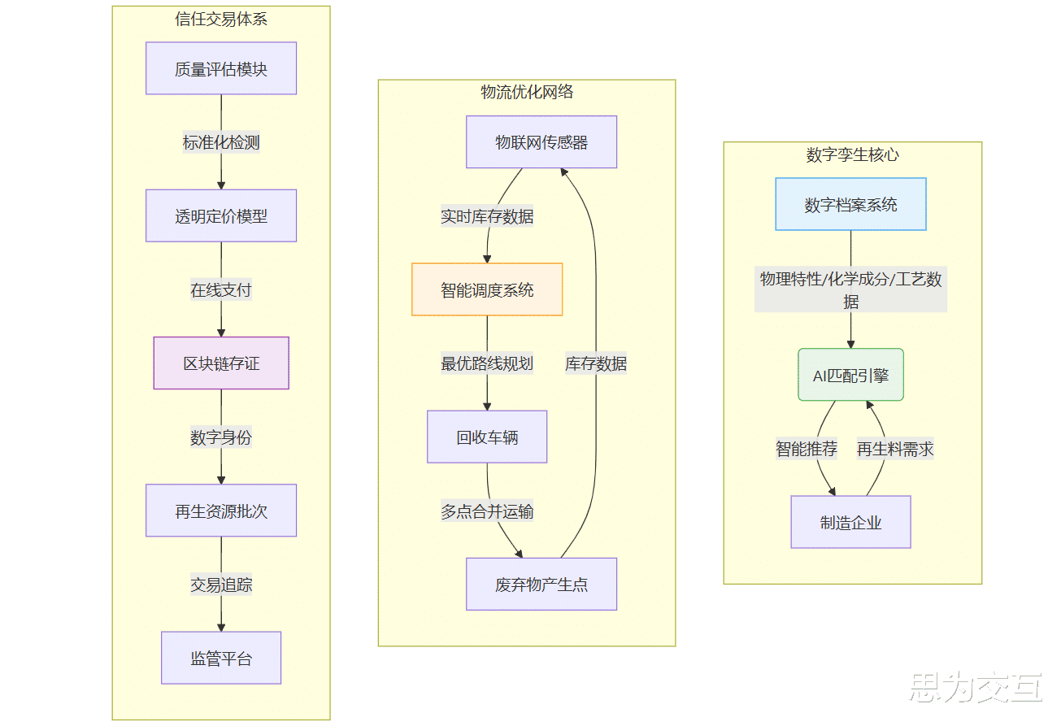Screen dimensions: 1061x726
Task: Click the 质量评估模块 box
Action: coord(221,68)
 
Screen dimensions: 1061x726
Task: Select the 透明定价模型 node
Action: coord(221,216)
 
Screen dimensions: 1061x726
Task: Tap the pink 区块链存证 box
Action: coord(221,363)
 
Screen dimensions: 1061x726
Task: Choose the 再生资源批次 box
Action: coord(221,511)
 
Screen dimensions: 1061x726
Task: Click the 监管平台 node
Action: coord(221,658)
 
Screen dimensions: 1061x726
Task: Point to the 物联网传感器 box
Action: coord(541,142)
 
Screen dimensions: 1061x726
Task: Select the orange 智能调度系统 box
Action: coord(487,289)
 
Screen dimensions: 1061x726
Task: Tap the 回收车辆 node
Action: coord(487,437)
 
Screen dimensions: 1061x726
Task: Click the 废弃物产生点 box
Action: coord(541,584)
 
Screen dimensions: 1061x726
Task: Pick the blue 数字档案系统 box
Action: coord(850,204)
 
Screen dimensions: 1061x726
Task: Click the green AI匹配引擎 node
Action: coord(850,375)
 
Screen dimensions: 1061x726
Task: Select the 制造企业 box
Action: coord(850,522)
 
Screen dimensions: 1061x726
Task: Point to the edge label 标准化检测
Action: coord(221,142)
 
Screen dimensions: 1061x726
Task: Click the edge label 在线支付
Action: coord(221,289)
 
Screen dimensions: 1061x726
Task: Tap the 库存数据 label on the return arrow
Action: coord(596,363)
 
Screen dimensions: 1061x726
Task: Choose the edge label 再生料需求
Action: coord(895,449)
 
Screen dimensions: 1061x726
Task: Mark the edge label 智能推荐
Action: coord(807,449)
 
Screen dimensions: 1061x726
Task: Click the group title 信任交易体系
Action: coord(221,19)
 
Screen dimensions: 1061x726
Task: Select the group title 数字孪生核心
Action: coord(853,154)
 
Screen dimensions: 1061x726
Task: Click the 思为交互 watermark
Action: coord(976,687)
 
